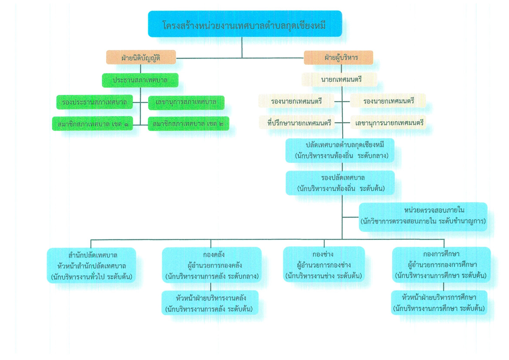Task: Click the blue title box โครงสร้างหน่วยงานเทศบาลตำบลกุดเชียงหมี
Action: point(245,24)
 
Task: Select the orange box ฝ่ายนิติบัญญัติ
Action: point(141,57)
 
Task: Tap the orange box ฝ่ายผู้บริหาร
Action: point(338,57)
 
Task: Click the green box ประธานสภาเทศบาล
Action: point(140,80)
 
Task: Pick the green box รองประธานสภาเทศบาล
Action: point(94,102)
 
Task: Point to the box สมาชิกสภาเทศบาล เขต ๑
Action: point(92,124)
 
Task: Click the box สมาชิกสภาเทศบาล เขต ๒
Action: point(188,124)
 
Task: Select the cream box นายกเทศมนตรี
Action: point(339,79)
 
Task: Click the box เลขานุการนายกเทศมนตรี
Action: point(388,122)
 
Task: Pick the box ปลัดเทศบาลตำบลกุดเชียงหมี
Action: point(340,150)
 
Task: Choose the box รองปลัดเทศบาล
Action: point(340,183)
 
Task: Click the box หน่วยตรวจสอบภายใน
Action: point(423,217)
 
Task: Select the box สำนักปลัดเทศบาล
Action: point(91,265)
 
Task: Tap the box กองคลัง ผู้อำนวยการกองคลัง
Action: point(212,265)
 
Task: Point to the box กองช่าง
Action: point(324,264)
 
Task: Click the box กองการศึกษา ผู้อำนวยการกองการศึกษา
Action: point(441,265)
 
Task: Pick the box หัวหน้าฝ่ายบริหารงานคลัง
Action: point(210,303)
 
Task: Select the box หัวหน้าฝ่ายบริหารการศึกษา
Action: point(439,302)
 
